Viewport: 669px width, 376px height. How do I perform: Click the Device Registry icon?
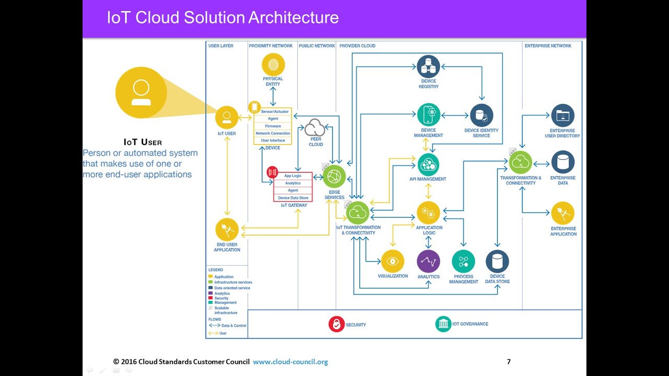click(429, 66)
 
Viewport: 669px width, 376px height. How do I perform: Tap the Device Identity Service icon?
click(481, 115)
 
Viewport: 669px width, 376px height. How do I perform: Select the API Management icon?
click(428, 164)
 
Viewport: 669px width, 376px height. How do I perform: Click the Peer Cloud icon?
click(315, 127)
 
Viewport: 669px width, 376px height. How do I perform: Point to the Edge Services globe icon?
click(334, 177)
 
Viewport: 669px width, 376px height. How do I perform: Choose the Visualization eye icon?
click(393, 261)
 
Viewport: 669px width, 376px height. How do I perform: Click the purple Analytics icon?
click(429, 261)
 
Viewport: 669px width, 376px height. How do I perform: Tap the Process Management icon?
click(463, 261)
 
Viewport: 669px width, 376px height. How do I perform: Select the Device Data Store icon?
click(497, 261)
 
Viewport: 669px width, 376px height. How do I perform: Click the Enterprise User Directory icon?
click(562, 115)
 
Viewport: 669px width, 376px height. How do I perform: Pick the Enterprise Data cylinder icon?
click(562, 162)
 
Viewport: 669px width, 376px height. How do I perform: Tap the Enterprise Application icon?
click(562, 213)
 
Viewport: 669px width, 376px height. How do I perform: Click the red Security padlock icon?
click(337, 324)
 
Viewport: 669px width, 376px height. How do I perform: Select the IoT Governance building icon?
click(443, 324)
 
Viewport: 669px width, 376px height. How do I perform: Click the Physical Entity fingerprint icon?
click(273, 65)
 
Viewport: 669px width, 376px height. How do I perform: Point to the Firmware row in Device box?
click(273, 126)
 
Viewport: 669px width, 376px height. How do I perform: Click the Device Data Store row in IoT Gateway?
click(293, 198)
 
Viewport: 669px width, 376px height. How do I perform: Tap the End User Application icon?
click(227, 230)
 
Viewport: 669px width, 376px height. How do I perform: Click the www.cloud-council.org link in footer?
click(291, 362)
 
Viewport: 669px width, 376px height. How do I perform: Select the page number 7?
click(509, 361)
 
